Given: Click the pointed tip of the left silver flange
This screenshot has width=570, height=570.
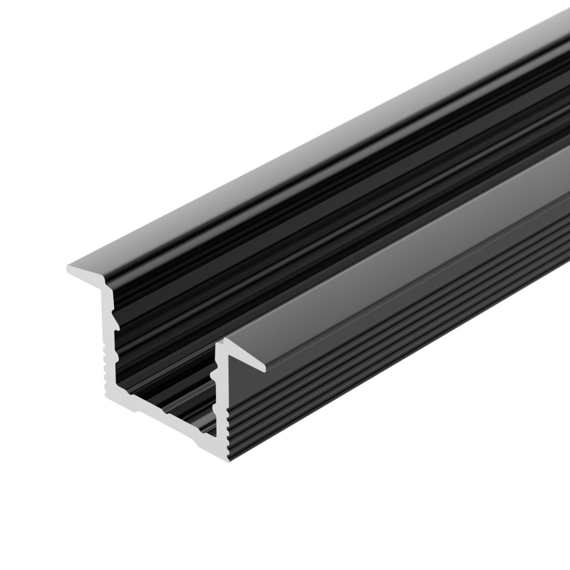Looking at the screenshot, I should (x=69, y=269).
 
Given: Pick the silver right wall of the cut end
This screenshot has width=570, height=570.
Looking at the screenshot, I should (x=222, y=405).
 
